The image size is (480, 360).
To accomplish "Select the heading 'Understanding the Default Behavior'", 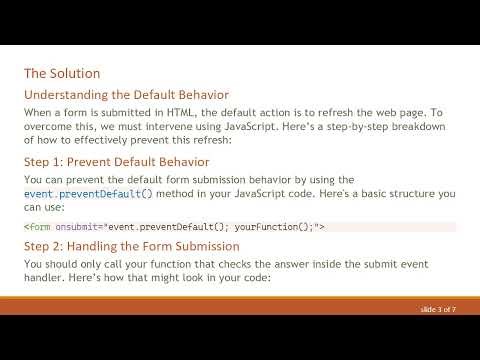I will point(126,94).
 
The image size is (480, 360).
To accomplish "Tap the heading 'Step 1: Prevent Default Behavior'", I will point(116,160).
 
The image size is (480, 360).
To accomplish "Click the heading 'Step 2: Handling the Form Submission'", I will point(131,245).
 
